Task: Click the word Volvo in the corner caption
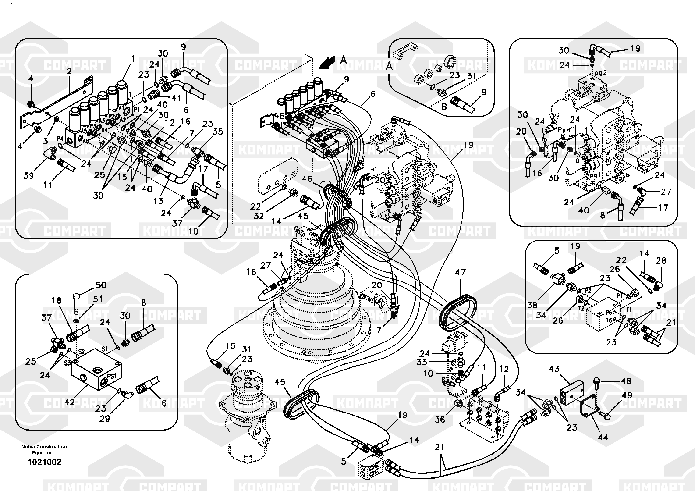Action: tap(28, 447)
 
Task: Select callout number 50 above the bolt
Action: tap(101, 285)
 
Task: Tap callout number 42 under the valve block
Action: tap(69, 402)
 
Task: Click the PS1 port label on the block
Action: tap(112, 376)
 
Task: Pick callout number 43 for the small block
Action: tap(554, 369)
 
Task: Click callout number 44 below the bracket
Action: tap(603, 437)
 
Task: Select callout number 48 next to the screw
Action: tap(626, 381)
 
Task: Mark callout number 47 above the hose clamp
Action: tap(460, 272)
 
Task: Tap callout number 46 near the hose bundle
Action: tap(307, 179)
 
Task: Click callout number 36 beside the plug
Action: tap(440, 419)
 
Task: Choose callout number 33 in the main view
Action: tap(421, 362)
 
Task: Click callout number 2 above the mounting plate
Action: tap(69, 71)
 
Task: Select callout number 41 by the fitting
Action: tap(176, 98)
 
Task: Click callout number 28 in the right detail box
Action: tap(661, 260)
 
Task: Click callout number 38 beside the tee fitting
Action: tap(532, 305)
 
